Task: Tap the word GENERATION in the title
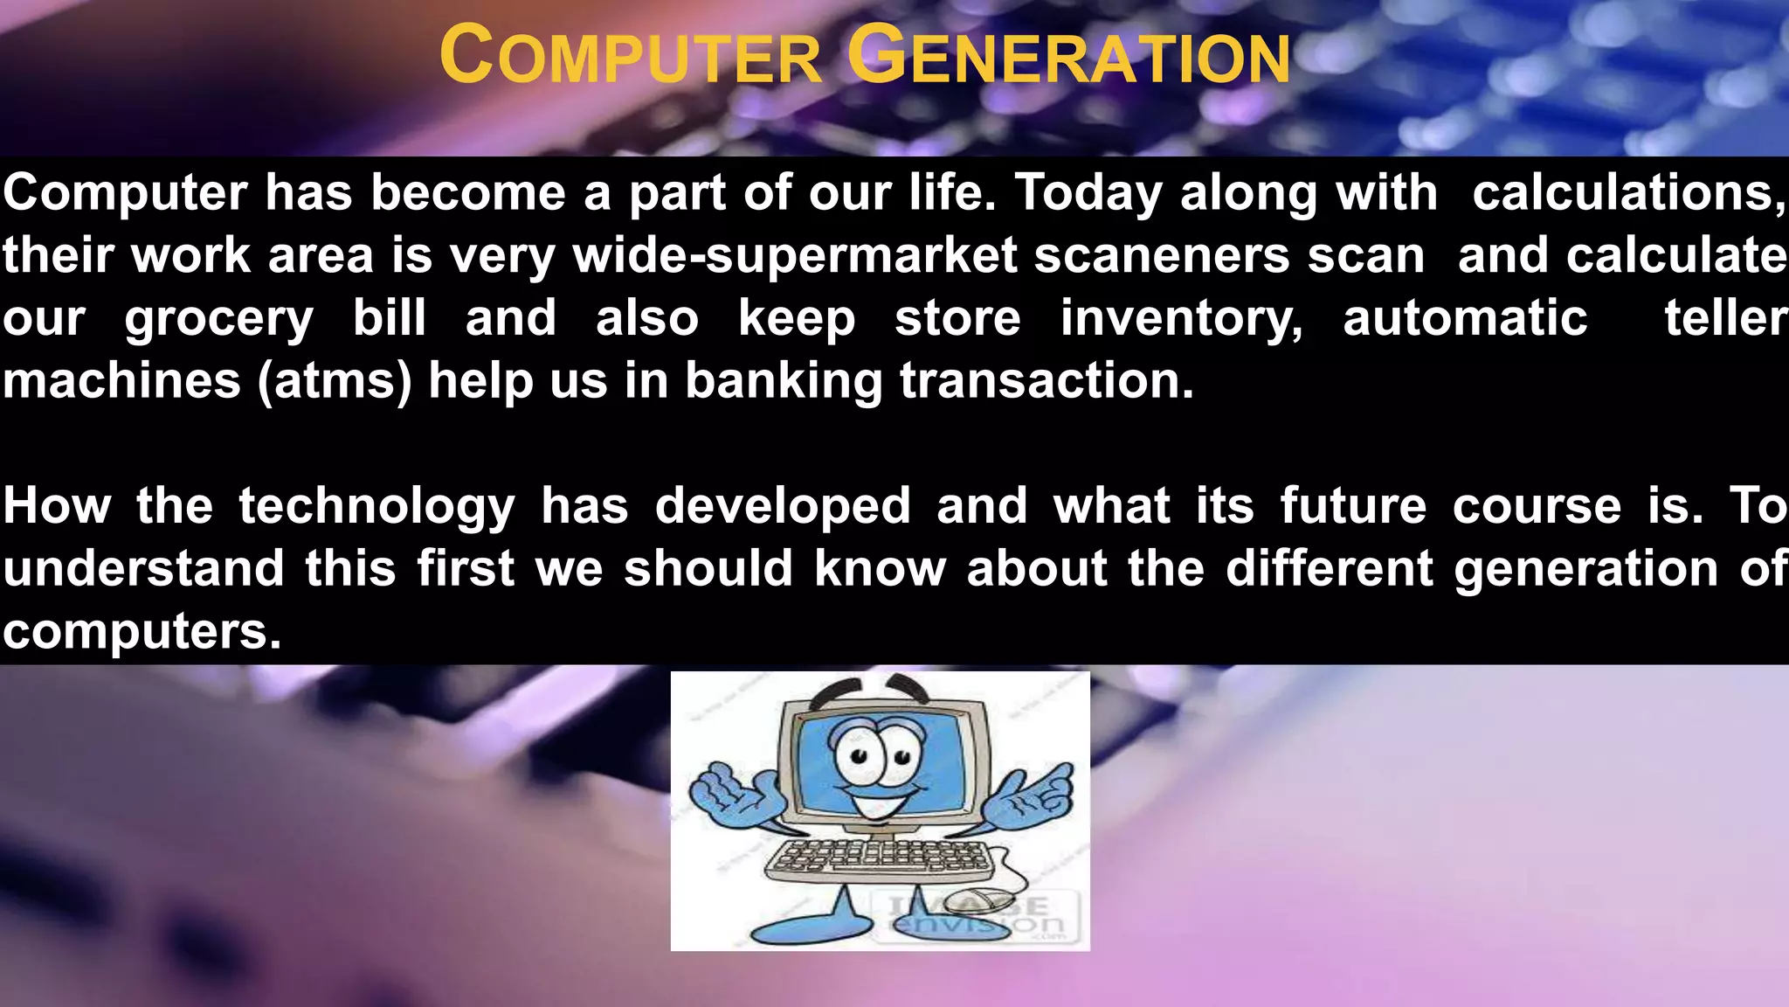click(1068, 56)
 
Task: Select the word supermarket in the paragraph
click(861, 255)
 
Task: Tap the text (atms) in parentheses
click(335, 382)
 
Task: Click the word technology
click(377, 507)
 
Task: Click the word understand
click(143, 569)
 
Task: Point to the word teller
click(1725, 318)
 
